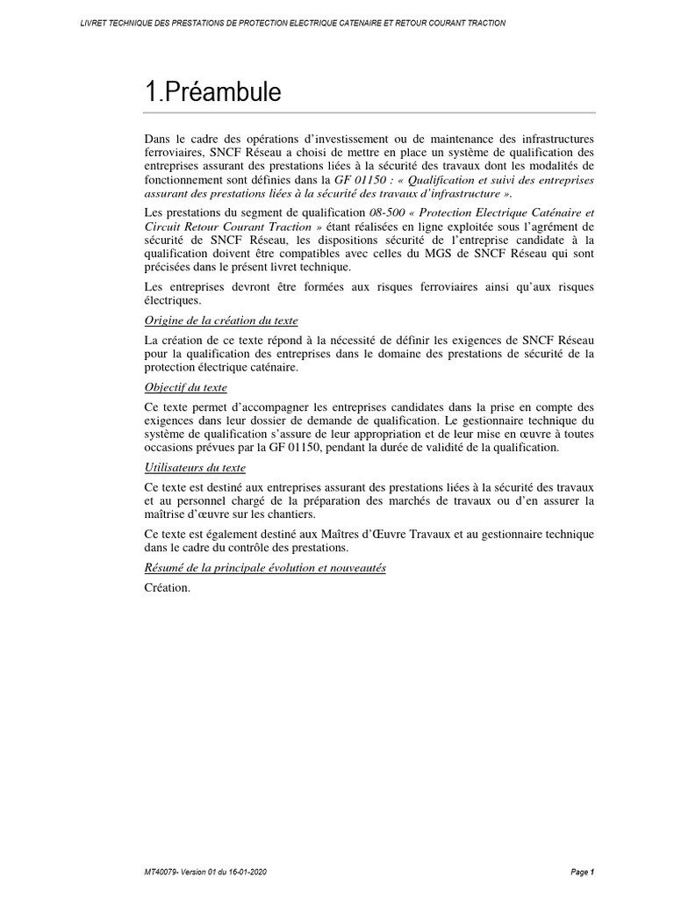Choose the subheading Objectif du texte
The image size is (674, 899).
tap(185, 386)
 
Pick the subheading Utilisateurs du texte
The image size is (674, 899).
tap(195, 467)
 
